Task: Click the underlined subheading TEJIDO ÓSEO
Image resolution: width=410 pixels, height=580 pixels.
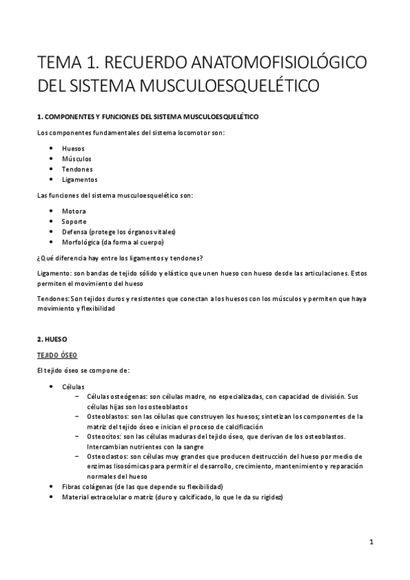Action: [57, 355]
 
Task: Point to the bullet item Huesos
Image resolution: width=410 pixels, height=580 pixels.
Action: [73, 148]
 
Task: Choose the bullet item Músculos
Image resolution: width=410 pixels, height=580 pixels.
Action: [77, 159]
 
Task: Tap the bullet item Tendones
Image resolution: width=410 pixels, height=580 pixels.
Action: [77, 169]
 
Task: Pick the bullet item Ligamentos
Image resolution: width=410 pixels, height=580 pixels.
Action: [79, 180]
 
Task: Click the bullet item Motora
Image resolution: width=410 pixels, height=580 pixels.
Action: [74, 211]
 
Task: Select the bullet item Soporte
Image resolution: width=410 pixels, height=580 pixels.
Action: [75, 222]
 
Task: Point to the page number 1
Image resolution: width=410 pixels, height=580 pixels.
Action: [370, 542]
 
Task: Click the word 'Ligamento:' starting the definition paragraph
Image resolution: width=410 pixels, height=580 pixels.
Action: [53, 273]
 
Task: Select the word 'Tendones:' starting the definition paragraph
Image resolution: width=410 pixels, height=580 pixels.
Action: [53, 299]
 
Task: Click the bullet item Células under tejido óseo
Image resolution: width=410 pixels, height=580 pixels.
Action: [73, 386]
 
